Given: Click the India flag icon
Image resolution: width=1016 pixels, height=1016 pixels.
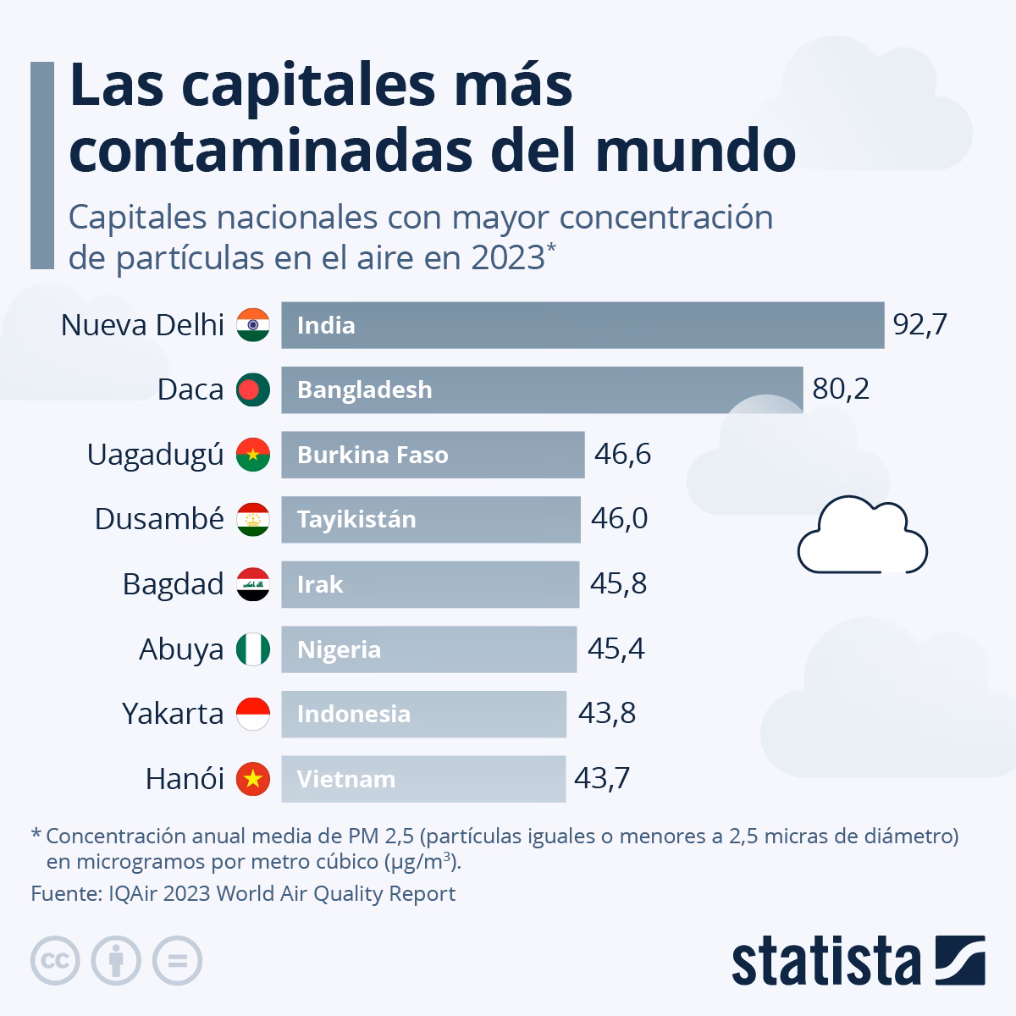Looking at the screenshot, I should [x=253, y=325].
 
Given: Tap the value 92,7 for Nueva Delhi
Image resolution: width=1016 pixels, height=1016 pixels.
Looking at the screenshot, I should [x=919, y=325].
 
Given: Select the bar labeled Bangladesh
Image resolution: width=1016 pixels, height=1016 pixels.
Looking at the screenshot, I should [x=542, y=389].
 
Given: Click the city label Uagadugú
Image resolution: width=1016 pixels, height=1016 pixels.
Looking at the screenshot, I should [x=155, y=455].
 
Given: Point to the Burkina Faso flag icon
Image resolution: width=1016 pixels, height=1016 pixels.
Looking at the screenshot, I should [x=253, y=455].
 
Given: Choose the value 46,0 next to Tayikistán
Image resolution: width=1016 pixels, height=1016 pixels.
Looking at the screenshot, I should [x=619, y=519].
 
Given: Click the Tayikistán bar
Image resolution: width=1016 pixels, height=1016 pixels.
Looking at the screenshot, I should [x=430, y=519].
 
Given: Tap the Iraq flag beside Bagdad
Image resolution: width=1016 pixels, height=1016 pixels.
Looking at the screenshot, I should [x=253, y=584].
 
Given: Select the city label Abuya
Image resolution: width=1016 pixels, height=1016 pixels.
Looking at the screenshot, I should [x=181, y=649].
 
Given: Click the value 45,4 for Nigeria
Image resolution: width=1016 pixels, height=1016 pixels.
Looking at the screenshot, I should [x=616, y=649].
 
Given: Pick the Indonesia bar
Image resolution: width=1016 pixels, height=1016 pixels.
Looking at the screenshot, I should [x=423, y=714].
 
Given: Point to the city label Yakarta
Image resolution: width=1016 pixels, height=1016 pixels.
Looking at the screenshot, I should [x=173, y=714].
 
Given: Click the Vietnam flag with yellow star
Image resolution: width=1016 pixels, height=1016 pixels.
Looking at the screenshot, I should [x=253, y=779].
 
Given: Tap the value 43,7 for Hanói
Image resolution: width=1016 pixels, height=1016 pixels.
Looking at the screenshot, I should [x=601, y=779].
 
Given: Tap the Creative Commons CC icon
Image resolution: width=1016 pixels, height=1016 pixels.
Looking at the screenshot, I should [x=55, y=960].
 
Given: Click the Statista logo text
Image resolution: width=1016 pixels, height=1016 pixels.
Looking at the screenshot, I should [x=826, y=963].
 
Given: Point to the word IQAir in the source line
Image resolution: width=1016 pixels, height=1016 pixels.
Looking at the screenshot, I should [x=133, y=894].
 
